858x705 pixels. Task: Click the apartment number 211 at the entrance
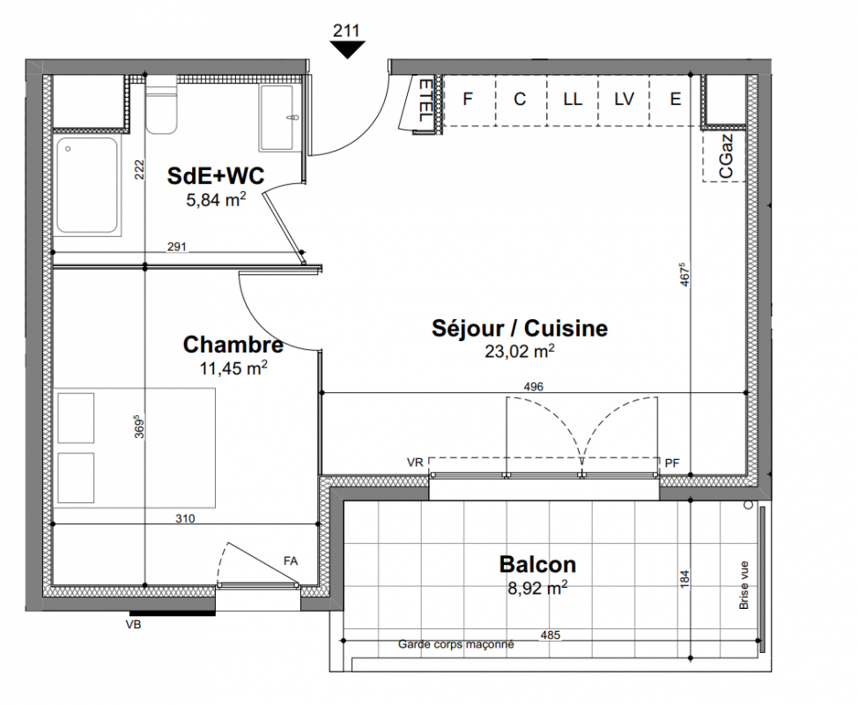pos(346,31)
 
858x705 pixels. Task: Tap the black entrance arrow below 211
pos(347,49)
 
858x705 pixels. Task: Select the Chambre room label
pos(233,345)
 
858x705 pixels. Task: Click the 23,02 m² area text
pos(519,351)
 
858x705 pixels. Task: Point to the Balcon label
pos(537,564)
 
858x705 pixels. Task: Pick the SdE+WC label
pos(216,175)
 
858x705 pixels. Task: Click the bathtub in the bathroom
pos(87,187)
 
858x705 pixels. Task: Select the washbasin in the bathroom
pos(279,118)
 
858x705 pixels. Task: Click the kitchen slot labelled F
pos(469,99)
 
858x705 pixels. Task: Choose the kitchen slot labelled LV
pos(624,99)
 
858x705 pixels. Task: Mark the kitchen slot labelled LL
pos(573,99)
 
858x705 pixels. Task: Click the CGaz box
pos(724,156)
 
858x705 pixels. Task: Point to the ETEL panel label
pos(425,100)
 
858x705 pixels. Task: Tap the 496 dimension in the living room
pos(534,387)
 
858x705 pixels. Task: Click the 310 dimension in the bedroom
pos(185,518)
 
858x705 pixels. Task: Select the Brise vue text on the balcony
pos(743,585)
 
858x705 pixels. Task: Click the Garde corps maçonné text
pos(455,644)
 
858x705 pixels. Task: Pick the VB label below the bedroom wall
pos(133,624)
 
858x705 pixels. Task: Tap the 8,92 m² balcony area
pos(537,589)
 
